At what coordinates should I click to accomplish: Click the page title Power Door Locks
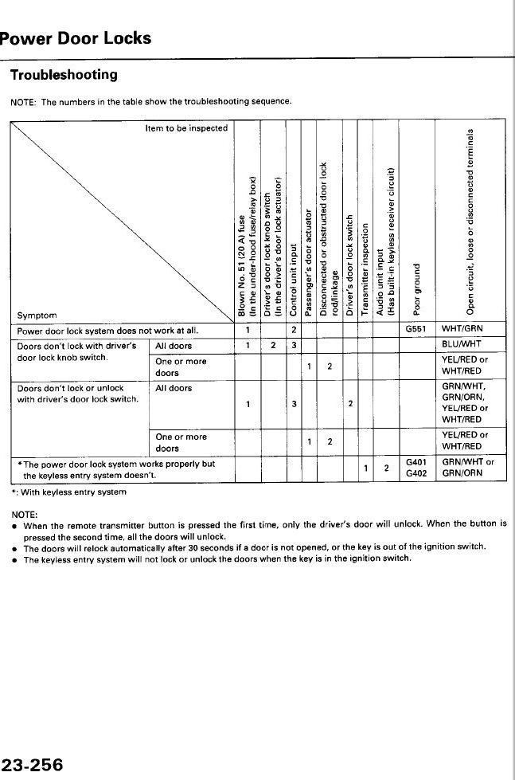76,38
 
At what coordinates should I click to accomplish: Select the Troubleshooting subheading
64,75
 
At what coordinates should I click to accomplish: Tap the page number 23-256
32,766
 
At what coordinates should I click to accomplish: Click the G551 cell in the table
416,329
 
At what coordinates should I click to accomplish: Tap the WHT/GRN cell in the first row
462,329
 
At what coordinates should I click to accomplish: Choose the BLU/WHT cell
462,345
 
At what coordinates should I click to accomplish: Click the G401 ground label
416,461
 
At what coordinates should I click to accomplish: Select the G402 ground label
416,473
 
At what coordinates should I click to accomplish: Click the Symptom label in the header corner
36,315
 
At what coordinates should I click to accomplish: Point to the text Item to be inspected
186,128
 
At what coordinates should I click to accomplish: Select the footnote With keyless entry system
72,492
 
